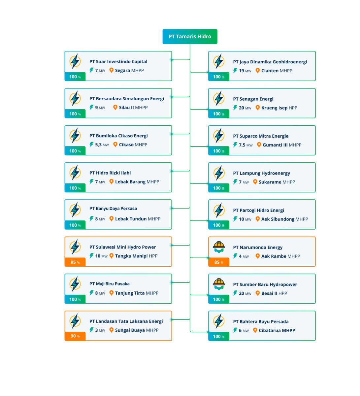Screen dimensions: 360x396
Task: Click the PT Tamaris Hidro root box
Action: point(190,37)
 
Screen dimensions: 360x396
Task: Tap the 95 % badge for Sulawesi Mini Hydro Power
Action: point(75,262)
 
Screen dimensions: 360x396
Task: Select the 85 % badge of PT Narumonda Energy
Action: point(219,262)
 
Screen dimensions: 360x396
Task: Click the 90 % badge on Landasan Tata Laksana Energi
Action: point(75,336)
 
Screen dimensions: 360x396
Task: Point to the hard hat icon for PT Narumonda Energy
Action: point(219,247)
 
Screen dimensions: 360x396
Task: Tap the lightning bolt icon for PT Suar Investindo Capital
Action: point(75,61)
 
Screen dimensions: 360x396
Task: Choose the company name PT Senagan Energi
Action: point(253,99)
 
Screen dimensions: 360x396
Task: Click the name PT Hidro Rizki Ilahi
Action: point(110,173)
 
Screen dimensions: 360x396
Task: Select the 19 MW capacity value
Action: point(245,71)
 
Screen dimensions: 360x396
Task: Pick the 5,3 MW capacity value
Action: point(102,145)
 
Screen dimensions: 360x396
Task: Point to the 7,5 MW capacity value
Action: point(245,145)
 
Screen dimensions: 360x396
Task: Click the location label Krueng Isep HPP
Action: point(279,108)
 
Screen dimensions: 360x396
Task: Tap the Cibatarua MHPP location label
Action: point(277,330)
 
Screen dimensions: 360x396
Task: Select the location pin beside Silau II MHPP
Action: point(115,107)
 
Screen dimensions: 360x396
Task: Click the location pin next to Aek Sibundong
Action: point(257,219)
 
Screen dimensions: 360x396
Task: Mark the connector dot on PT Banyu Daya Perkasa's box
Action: point(172,208)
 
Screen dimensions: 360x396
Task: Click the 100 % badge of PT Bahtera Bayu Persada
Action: point(219,336)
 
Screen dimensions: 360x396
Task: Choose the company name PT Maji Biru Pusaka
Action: point(110,284)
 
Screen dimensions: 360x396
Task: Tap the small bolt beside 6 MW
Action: point(235,330)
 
